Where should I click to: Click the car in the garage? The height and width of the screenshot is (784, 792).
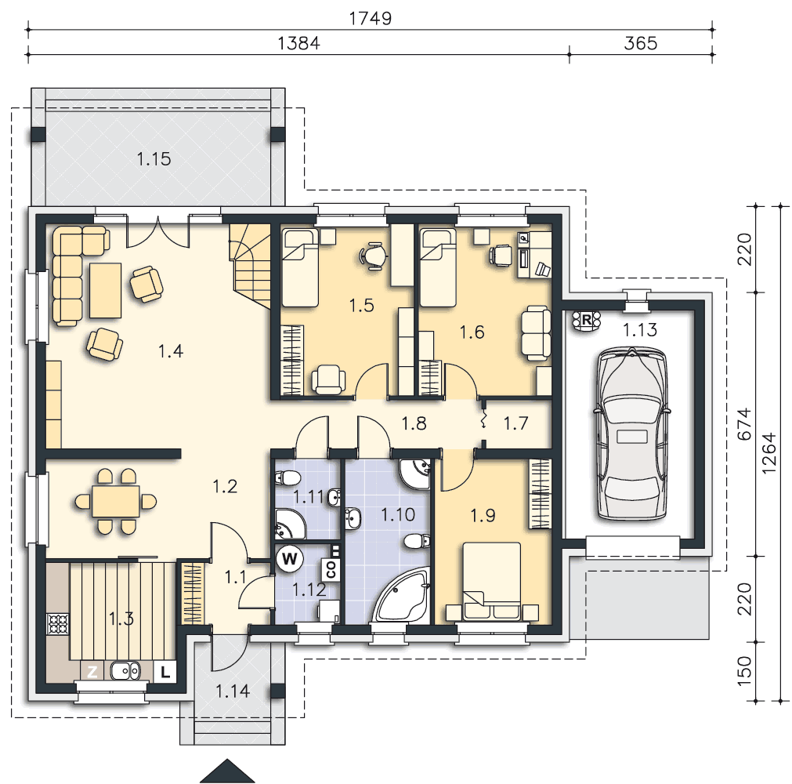tap(632, 434)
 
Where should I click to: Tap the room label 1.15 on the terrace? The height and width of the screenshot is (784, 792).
tap(154, 159)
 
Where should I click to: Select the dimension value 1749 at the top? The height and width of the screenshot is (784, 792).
tap(371, 18)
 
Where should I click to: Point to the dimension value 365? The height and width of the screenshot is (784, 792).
tap(641, 43)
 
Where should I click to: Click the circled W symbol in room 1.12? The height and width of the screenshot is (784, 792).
tap(289, 559)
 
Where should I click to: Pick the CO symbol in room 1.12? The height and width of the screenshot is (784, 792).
tap(331, 570)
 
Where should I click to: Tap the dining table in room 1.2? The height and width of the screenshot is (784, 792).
tap(116, 502)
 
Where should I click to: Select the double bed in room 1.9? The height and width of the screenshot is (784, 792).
tap(493, 581)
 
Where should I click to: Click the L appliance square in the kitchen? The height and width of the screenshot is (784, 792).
tap(165, 673)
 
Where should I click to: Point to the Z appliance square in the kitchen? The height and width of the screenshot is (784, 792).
tap(92, 672)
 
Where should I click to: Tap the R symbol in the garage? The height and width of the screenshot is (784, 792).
tap(587, 320)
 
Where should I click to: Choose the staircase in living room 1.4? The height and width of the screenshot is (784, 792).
tap(251, 265)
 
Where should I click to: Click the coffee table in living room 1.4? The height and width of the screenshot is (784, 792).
tap(105, 290)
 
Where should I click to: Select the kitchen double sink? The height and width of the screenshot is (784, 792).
tap(125, 671)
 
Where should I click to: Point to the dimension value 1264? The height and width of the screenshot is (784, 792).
tap(768, 453)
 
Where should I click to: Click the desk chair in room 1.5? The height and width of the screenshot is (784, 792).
tap(374, 256)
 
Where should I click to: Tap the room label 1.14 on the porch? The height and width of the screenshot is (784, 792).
tap(233, 691)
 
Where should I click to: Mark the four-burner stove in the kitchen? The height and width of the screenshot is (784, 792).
tap(58, 624)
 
